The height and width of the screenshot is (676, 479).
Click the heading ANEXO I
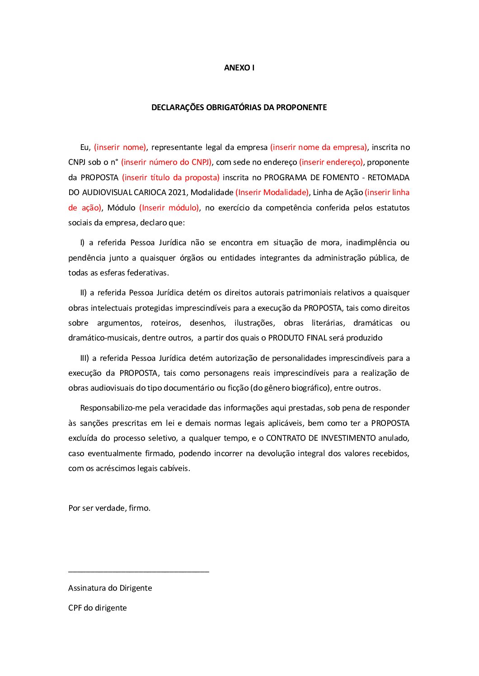coord(239,68)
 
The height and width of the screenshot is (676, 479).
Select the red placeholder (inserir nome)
coord(120,147)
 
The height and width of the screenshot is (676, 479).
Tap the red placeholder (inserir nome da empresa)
coord(319,147)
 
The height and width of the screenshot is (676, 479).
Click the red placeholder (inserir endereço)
coord(331,162)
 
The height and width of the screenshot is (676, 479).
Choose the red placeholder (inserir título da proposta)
coord(171,177)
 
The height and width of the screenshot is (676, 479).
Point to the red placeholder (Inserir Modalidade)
coord(272,192)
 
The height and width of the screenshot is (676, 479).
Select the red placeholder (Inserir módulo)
coord(169,208)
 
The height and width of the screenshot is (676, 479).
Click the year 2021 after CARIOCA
coord(177,192)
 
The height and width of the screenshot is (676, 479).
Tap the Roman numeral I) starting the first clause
coord(82,242)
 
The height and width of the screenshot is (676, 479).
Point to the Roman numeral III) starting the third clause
coord(85,358)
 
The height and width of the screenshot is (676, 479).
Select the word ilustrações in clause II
coord(254,323)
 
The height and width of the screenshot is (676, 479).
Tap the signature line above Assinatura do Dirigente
coord(138,572)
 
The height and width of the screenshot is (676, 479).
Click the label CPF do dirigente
coord(98,608)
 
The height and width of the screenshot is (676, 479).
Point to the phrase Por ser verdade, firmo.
coord(109,508)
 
